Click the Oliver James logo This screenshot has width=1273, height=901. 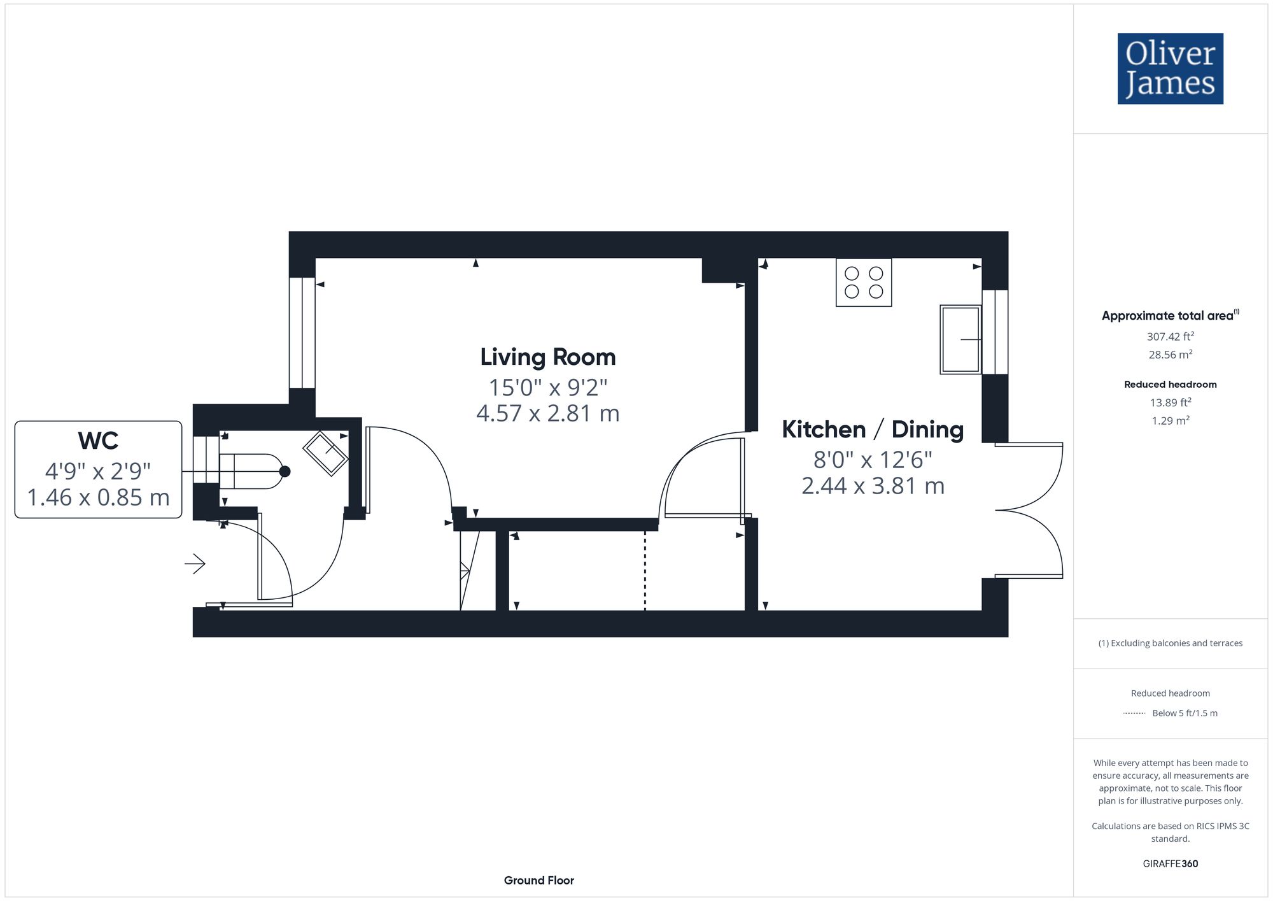tap(1170, 69)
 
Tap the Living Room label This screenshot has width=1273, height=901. tap(548, 357)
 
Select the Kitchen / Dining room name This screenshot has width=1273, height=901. tap(872, 430)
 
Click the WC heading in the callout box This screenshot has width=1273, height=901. tap(98, 441)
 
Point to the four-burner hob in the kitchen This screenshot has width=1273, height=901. tap(864, 282)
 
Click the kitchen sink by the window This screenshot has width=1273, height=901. tap(960, 339)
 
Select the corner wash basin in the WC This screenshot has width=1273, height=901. tap(325, 453)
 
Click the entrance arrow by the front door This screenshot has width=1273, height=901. tap(195, 564)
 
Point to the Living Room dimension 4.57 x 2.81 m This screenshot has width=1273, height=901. tap(548, 414)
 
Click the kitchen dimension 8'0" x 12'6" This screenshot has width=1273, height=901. tap(872, 459)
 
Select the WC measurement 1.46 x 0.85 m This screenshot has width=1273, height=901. tap(98, 497)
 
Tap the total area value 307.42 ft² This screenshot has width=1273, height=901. tap(1170, 336)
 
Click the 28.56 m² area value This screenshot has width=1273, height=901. tap(1170, 355)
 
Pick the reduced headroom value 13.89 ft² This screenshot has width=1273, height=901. tap(1170, 402)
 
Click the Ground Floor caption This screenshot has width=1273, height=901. tap(538, 881)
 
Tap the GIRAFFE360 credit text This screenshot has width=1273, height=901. tap(1170, 864)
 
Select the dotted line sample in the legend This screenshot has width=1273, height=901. tap(1134, 713)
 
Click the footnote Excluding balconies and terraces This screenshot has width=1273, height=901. tap(1170, 643)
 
